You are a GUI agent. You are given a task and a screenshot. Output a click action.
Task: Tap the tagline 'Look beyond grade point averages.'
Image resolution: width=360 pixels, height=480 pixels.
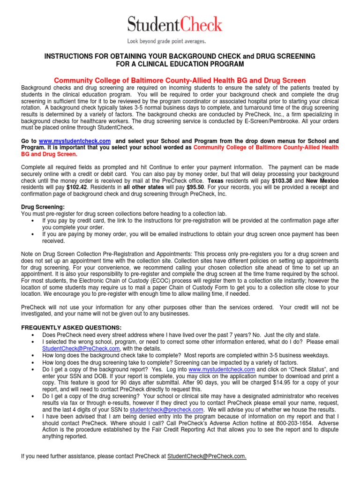[x=175, y=41]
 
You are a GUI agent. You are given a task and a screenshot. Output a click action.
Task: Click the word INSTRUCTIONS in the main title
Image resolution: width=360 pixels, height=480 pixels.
[x=70, y=56]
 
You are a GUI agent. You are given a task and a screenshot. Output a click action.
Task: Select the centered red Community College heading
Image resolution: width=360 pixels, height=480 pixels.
[x=180, y=81]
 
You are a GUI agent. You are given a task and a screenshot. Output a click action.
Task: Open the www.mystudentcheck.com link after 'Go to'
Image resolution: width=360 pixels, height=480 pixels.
[x=75, y=141]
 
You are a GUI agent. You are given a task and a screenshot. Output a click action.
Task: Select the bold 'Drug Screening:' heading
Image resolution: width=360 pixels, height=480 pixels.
[x=43, y=207]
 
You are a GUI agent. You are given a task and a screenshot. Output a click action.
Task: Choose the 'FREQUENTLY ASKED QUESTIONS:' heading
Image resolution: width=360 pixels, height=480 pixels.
[x=72, y=327]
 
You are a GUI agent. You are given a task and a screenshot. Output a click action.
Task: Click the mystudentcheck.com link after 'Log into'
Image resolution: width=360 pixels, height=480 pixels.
[x=224, y=369]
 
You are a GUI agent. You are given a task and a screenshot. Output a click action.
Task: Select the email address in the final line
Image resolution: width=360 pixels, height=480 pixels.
[x=207, y=456]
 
